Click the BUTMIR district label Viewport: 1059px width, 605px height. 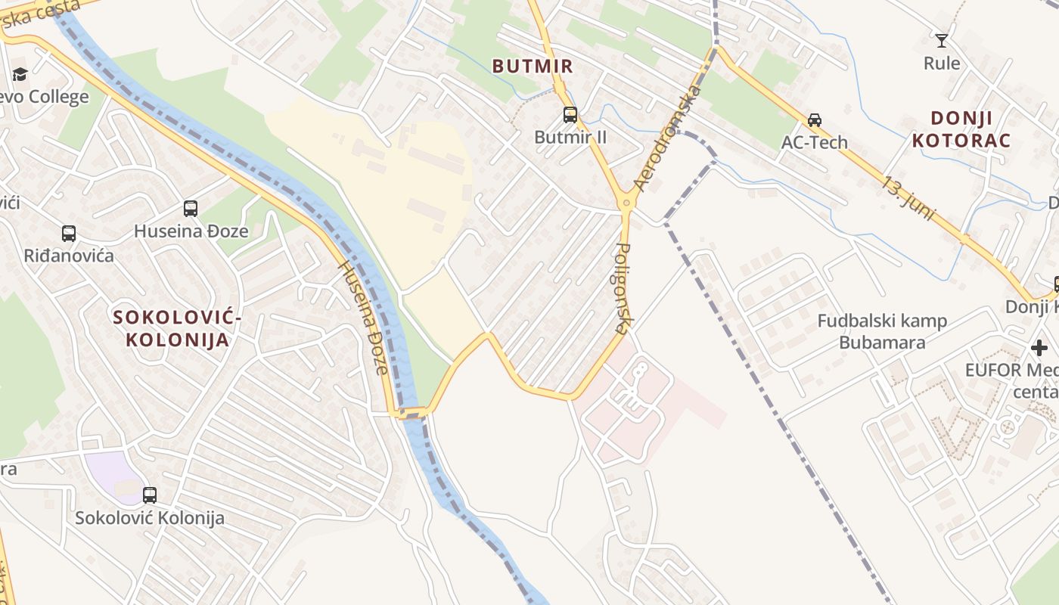[x=533, y=66]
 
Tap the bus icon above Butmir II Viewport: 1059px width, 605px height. [x=570, y=115]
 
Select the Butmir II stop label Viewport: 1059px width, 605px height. [x=570, y=137]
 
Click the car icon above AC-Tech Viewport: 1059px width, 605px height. [x=815, y=119]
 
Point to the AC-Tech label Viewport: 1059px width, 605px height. [x=815, y=142]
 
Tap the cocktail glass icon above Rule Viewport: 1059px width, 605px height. [x=942, y=40]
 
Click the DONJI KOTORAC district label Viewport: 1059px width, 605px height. [x=961, y=129]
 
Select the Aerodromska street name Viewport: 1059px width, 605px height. [x=669, y=138]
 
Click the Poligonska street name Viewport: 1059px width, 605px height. [x=623, y=288]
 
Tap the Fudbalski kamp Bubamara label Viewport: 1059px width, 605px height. [x=882, y=331]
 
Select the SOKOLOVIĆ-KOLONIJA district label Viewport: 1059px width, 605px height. [x=178, y=329]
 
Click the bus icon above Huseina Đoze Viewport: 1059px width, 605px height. [x=191, y=208]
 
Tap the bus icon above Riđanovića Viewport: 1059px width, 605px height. [x=69, y=234]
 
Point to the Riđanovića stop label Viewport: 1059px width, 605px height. [x=69, y=256]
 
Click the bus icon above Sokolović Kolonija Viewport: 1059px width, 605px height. [x=150, y=495]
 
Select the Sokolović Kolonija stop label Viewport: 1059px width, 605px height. [x=150, y=518]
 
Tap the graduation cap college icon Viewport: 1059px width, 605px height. [x=20, y=74]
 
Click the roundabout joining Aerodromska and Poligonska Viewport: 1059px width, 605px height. [x=626, y=203]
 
